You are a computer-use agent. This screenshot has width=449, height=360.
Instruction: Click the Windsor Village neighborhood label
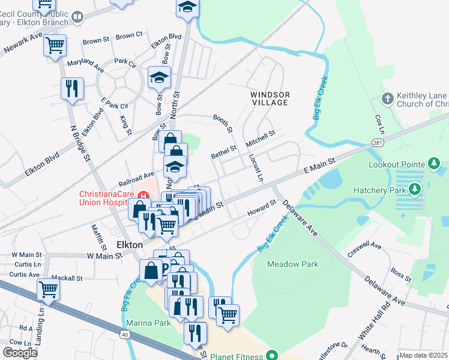tap(270, 99)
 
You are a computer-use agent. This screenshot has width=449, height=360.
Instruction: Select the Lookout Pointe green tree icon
tap(434, 163)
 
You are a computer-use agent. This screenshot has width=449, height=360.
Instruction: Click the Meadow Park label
tap(291, 264)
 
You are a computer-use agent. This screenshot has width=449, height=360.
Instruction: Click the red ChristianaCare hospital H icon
tap(143, 194)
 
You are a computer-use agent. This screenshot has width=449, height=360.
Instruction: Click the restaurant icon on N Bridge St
tap(71, 88)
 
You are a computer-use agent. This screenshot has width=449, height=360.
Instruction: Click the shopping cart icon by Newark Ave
tap(55, 44)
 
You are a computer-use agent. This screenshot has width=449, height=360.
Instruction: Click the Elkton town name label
tap(128, 245)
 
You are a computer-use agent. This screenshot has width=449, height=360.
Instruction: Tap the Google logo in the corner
tap(20, 352)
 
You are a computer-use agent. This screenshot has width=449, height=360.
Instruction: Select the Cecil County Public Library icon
tap(77, 17)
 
